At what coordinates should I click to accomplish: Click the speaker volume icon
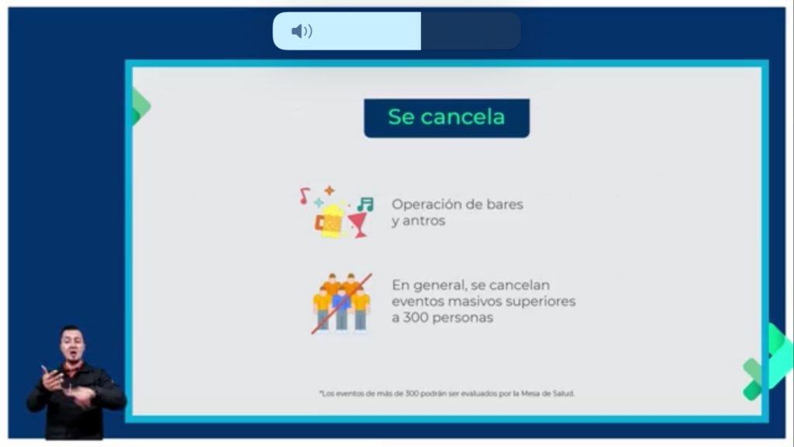click(302, 31)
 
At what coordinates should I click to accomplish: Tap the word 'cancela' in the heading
click(463, 117)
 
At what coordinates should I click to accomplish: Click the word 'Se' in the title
click(401, 117)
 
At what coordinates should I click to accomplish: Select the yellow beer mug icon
click(329, 221)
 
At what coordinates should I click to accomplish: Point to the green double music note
click(365, 204)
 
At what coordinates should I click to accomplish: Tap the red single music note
click(304, 196)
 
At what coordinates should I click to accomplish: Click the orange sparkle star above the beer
click(329, 191)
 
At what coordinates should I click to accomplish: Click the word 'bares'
click(504, 204)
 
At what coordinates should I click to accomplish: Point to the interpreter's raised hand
click(52, 378)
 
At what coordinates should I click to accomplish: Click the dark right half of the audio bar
click(471, 31)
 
